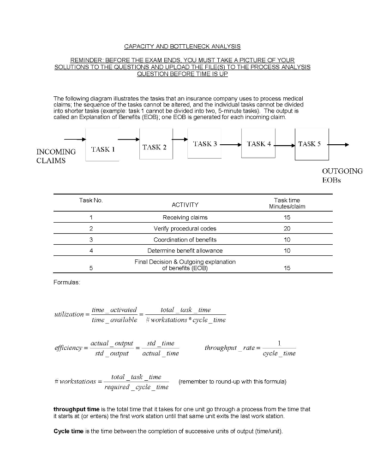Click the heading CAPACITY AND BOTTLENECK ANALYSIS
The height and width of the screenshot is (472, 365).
pos(182,47)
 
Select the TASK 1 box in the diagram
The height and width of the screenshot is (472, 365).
pos(102,149)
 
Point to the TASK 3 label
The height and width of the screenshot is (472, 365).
pos(204,144)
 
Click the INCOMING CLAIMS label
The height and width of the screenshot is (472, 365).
pos(56,156)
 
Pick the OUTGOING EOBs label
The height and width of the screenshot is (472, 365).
pos(342,175)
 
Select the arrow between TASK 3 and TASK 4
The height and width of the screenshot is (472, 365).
pos(231,144)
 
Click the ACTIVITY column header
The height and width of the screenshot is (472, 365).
pos(185,204)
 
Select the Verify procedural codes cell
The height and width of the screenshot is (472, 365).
pos(185,228)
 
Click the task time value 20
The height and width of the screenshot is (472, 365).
pos(287,228)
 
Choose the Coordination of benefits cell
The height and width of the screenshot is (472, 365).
pos(185,239)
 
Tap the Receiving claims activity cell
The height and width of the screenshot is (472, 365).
pos(185,217)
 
